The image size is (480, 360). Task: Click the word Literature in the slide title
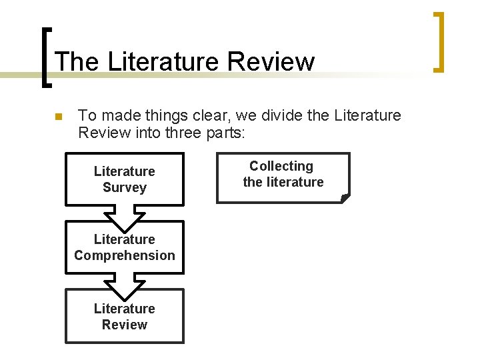[163, 62]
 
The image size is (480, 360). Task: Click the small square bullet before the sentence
[57, 117]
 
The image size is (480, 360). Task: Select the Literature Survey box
[124, 179]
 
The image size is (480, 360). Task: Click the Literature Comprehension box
[124, 247]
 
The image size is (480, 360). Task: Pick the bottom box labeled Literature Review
[124, 316]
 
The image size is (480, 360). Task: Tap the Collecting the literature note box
[283, 177]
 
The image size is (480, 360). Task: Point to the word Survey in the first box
[124, 188]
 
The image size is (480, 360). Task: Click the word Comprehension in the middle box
[125, 255]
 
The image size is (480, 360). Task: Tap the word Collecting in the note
[281, 166]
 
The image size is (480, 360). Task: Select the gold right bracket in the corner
[438, 41]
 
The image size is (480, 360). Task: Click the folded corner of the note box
[344, 197]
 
